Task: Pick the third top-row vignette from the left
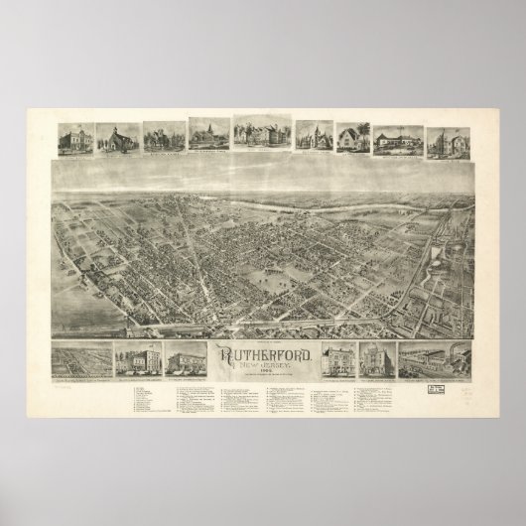(164, 139)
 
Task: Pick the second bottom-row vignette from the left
(136, 357)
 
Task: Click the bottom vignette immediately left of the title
(186, 357)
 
